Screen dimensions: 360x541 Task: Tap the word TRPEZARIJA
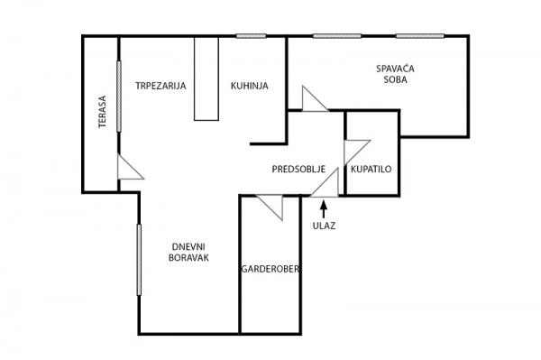pyautogui.click(x=160, y=87)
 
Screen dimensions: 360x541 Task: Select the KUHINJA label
pyautogui.click(x=247, y=87)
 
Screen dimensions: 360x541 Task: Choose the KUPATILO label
pyautogui.click(x=371, y=170)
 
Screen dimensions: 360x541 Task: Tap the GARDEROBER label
pyautogui.click(x=270, y=270)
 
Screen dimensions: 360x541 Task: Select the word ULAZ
pyautogui.click(x=324, y=226)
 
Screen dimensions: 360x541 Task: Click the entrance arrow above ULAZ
pyautogui.click(x=324, y=209)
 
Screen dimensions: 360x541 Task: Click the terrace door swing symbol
pyautogui.click(x=128, y=169)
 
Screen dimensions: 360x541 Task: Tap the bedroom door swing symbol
pyautogui.click(x=314, y=99)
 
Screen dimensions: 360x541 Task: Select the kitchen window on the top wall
pyautogui.click(x=252, y=36)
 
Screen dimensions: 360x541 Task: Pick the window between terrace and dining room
pyautogui.click(x=119, y=94)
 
